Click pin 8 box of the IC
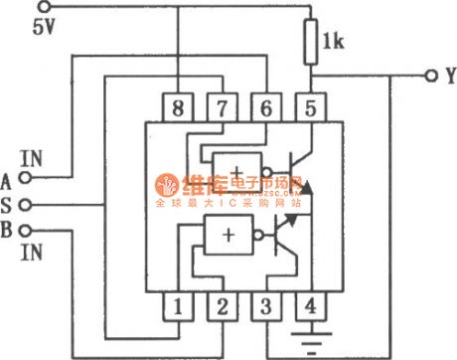pyautogui.click(x=180, y=105)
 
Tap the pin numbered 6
pyautogui.click(x=267, y=105)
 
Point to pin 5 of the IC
pyautogui.click(x=312, y=105)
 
